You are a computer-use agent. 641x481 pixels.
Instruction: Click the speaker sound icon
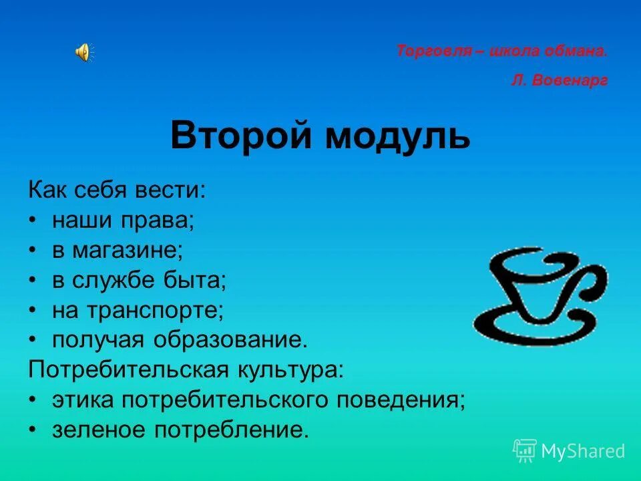pos(83,51)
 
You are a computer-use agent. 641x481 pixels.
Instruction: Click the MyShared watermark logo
pos(569,451)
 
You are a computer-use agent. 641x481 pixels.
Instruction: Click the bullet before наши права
pos(33,220)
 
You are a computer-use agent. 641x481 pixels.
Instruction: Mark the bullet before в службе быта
pos(33,281)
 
